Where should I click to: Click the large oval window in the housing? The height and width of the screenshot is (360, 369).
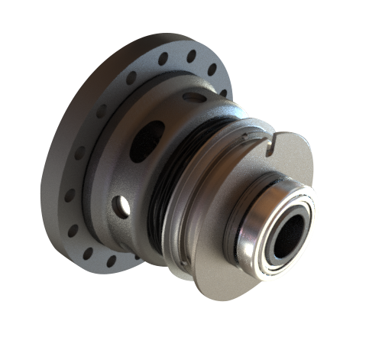coord(145,141)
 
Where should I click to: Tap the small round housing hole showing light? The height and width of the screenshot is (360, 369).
coord(121,204)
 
